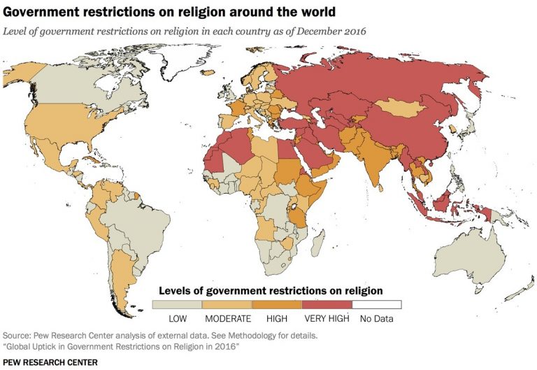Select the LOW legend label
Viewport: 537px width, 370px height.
coord(178,319)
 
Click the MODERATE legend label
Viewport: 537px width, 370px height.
coord(227,319)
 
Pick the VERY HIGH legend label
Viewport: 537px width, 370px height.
coord(327,319)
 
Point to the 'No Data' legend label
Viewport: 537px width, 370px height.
coord(377,319)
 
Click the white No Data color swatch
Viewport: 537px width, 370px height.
coord(377,304)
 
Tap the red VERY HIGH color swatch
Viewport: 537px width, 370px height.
coord(327,304)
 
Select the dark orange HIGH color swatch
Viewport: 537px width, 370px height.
coord(278,304)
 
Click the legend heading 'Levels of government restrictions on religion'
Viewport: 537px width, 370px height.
coord(271,290)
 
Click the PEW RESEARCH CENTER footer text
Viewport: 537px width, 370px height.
coord(50,362)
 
